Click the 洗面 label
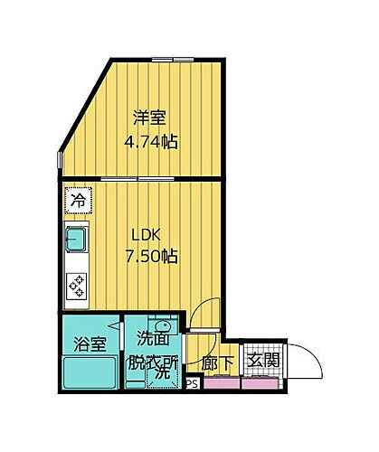click(x=152, y=339)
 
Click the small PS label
click(x=191, y=384)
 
